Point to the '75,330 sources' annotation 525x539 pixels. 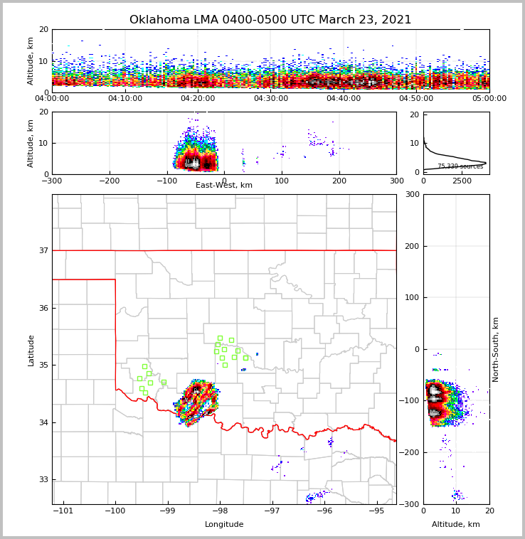pyautogui.click(x=460, y=166)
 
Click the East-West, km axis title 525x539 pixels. pyautogui.click(x=224, y=186)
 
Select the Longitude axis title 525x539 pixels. pyautogui.click(x=224, y=525)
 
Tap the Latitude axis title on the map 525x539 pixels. pyautogui.click(x=31, y=350)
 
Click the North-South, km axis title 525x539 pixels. pyautogui.click(x=496, y=349)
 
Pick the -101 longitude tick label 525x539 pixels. pyautogui.click(x=64, y=511)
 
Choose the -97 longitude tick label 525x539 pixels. pyautogui.click(x=272, y=511)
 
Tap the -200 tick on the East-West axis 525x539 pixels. pyautogui.click(x=110, y=181)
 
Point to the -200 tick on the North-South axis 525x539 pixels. pyautogui.click(x=409, y=452)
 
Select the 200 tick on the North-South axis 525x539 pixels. pyautogui.click(x=410, y=246)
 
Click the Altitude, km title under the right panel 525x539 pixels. pyautogui.click(x=456, y=525)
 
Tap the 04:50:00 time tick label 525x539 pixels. pyautogui.click(x=417, y=99)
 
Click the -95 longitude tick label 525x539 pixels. pyautogui.click(x=376, y=511)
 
